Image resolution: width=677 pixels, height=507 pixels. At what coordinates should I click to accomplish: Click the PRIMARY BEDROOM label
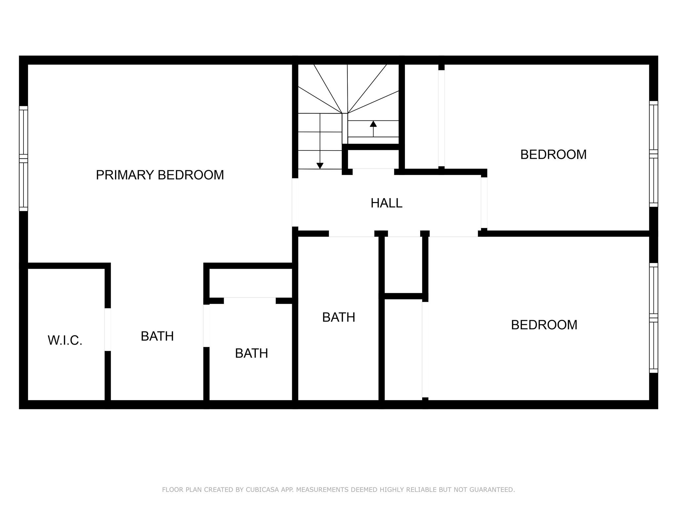click(x=160, y=175)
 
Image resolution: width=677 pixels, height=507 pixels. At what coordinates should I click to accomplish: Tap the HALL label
click(x=386, y=203)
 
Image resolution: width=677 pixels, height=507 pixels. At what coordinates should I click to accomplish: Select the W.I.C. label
click(x=65, y=340)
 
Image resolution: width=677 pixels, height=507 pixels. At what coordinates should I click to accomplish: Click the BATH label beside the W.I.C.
click(x=157, y=336)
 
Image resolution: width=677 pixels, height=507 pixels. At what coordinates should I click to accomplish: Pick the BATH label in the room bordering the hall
click(x=339, y=317)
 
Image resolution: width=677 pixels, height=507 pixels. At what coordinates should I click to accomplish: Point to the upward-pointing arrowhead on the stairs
click(x=373, y=124)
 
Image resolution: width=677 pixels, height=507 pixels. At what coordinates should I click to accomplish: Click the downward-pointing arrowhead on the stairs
click(x=320, y=166)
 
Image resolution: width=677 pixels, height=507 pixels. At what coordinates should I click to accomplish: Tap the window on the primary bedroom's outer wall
click(x=23, y=158)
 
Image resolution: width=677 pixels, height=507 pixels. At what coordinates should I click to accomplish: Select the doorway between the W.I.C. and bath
click(x=108, y=329)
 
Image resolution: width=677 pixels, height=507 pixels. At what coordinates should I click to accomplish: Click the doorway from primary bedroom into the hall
click(x=295, y=202)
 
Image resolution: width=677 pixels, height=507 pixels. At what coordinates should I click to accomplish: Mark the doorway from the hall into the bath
click(x=351, y=234)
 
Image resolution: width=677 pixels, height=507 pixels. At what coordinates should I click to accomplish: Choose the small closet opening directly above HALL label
click(x=373, y=172)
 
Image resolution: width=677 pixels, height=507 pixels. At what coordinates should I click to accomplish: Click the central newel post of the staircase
click(x=345, y=128)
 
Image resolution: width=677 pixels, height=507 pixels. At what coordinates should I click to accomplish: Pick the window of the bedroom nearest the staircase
click(x=654, y=154)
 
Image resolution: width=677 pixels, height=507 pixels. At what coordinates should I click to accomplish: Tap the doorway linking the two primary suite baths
click(x=206, y=325)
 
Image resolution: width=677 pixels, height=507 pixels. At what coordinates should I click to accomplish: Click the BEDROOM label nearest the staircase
click(x=553, y=154)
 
